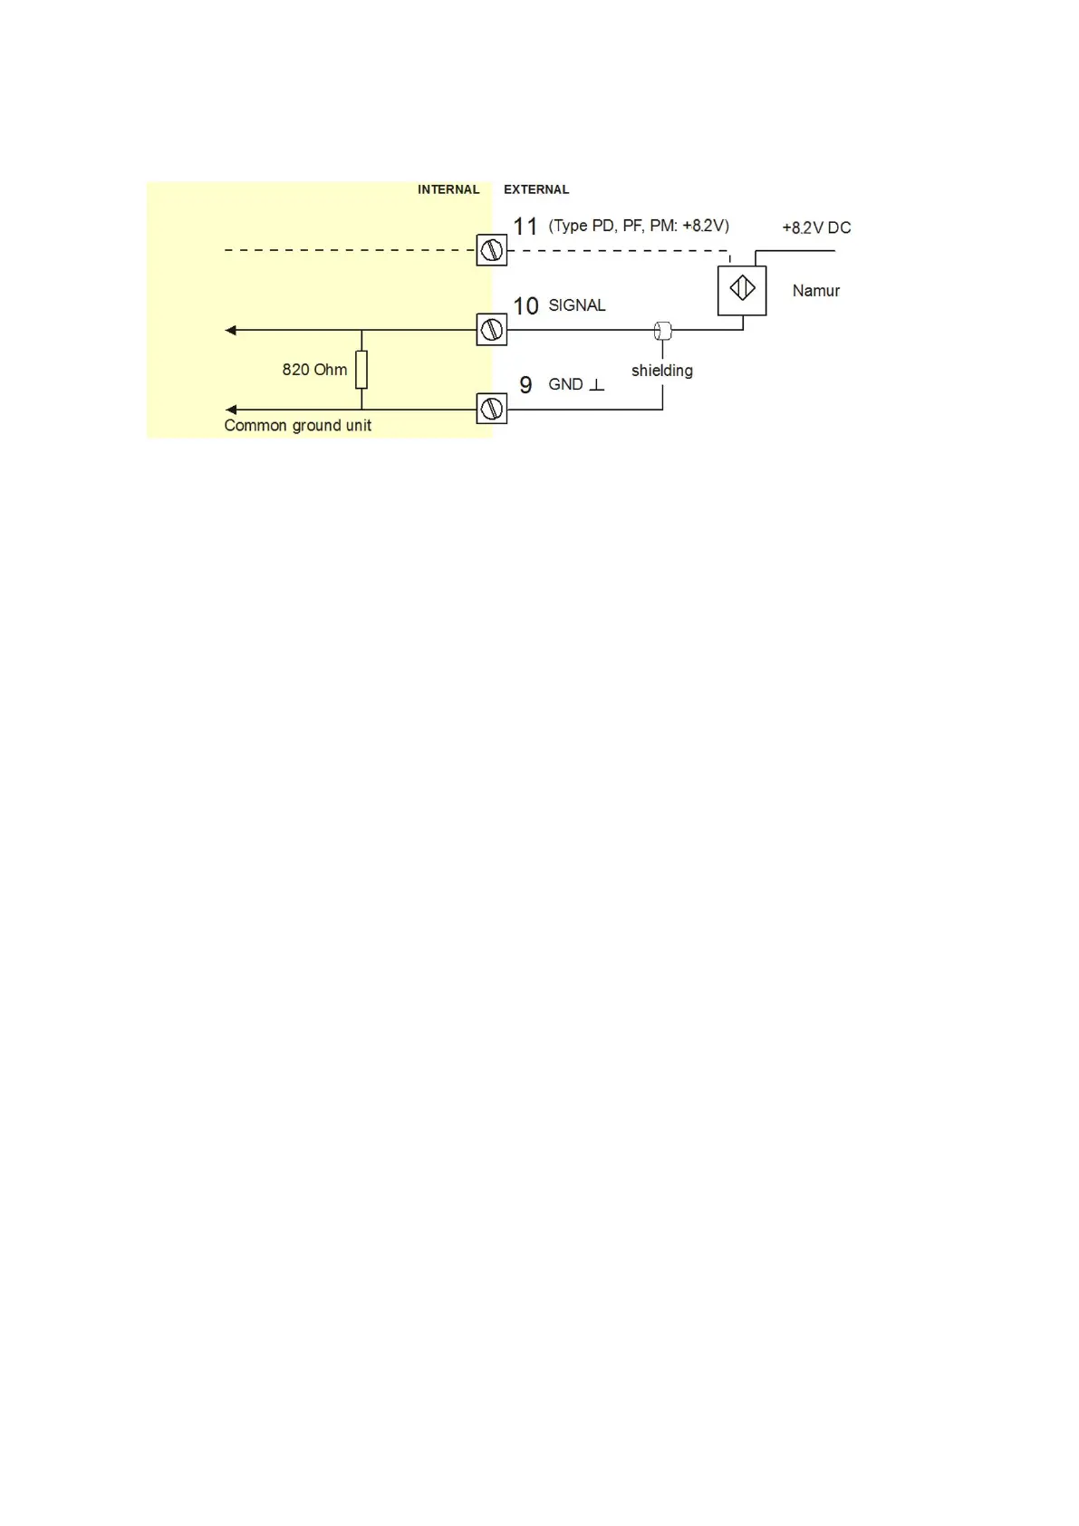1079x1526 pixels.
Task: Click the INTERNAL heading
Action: tap(448, 189)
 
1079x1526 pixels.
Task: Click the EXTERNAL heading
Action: tap(536, 189)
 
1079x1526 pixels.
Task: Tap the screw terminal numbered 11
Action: tap(492, 250)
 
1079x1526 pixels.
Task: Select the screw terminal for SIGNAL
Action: tap(492, 330)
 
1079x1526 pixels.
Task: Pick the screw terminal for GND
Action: tap(492, 409)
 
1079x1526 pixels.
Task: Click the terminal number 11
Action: tap(525, 227)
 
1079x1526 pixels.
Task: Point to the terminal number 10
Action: tap(525, 306)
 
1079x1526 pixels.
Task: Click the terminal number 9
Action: tap(525, 385)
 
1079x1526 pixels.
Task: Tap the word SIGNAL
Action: tap(577, 305)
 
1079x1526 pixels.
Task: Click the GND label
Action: tap(566, 384)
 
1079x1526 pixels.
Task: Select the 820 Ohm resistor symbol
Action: tap(361, 370)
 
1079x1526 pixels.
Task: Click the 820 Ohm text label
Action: tap(314, 370)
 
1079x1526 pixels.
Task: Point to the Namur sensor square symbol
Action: tap(742, 290)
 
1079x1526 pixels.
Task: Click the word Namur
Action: tap(815, 291)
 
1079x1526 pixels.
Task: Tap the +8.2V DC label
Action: tap(816, 227)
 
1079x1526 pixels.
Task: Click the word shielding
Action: tap(662, 371)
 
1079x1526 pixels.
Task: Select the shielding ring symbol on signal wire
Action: tap(662, 331)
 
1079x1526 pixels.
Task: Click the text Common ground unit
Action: tap(297, 426)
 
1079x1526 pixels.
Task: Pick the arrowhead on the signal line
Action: tap(231, 330)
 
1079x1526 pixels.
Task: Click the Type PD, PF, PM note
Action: tap(639, 226)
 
